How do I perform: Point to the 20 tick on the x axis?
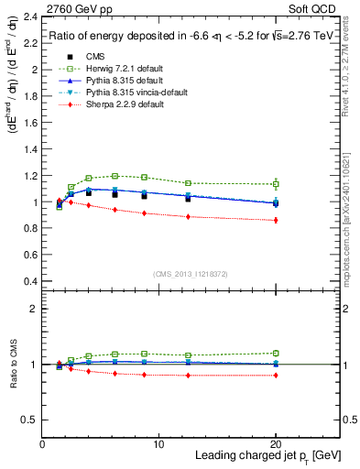(x=276, y=444)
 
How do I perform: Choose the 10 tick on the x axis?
(x=158, y=444)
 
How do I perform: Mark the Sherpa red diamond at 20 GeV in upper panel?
(x=276, y=220)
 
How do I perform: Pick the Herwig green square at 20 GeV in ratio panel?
(x=276, y=353)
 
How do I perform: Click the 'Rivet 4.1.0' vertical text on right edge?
(x=350, y=73)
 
